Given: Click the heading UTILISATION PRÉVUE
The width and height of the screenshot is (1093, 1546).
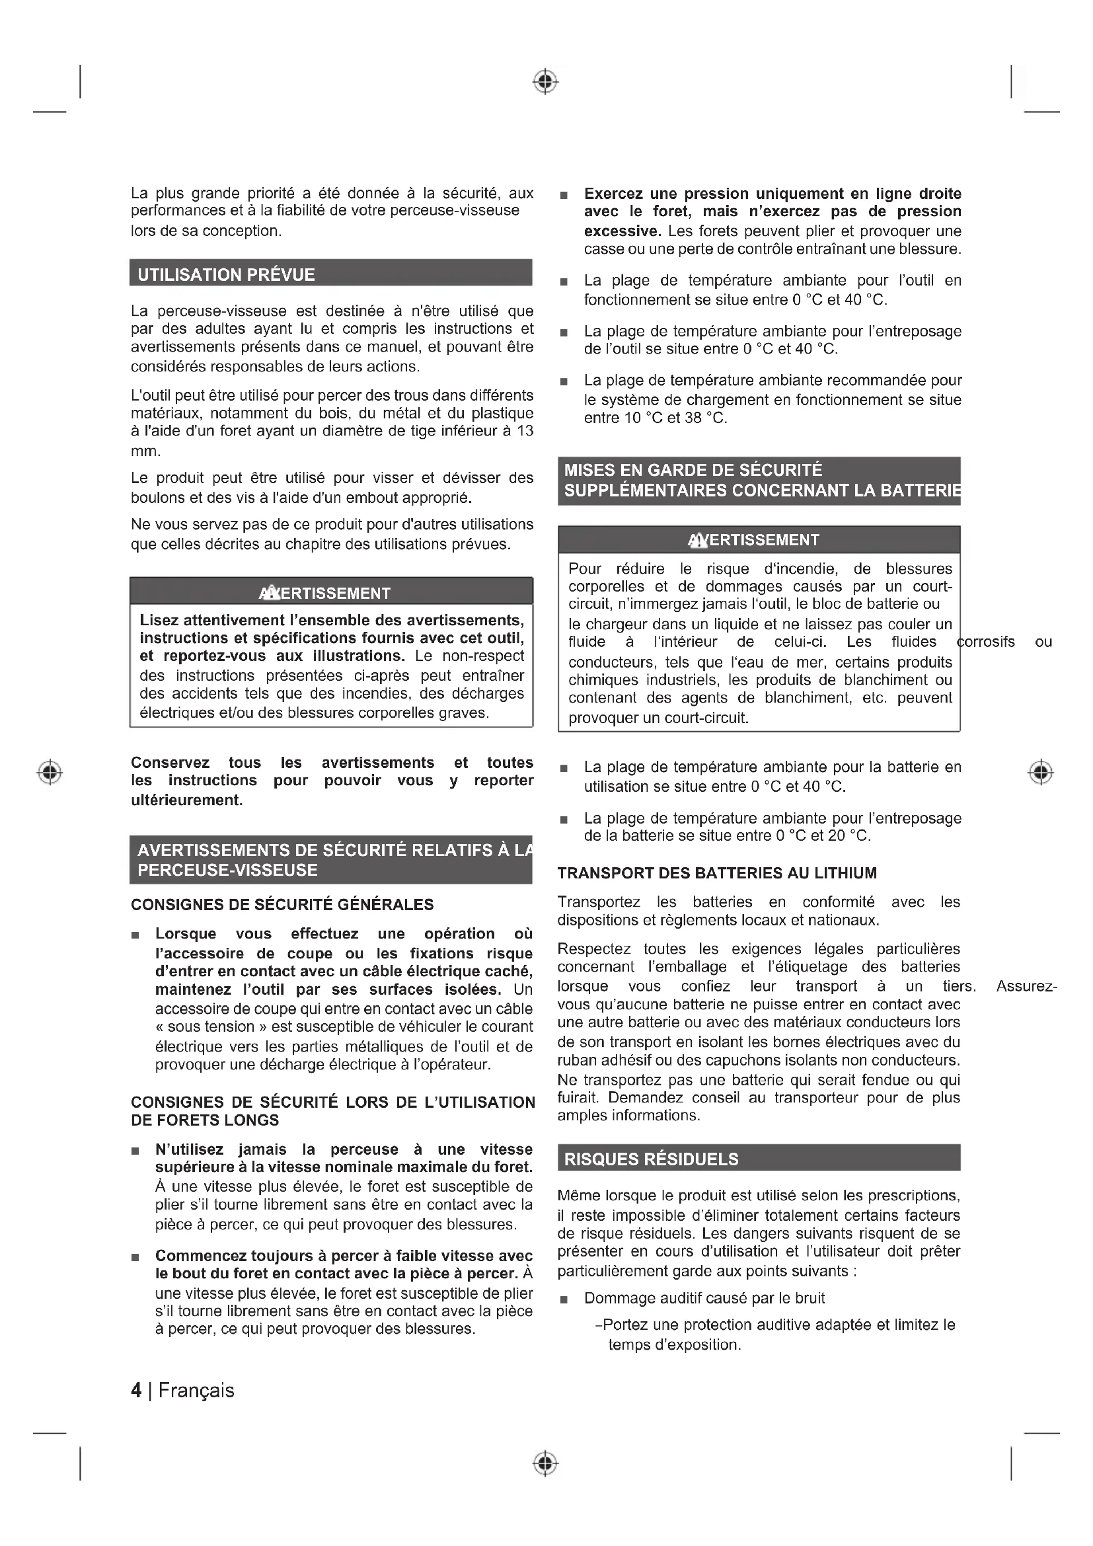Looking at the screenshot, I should [226, 275].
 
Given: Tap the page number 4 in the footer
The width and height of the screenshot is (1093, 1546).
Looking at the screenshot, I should [136, 1391].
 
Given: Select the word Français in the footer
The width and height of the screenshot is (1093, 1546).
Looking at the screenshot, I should [196, 1391].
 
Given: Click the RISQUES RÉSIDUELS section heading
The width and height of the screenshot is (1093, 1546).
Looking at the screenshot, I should [651, 1159].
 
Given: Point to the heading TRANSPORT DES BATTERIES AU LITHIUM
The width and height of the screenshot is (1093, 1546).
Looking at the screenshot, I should [717, 873].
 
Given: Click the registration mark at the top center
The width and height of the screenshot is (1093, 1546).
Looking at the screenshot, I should [545, 81].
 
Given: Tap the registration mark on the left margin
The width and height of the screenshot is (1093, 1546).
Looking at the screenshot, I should [50, 771].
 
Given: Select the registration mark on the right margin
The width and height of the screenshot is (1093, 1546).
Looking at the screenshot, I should [1041, 771].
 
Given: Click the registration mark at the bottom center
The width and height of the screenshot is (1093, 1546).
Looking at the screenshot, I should [545, 1463].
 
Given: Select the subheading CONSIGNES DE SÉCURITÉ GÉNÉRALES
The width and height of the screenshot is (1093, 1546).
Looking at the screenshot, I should [282, 904].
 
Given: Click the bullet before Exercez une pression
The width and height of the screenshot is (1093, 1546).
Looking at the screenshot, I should [564, 195].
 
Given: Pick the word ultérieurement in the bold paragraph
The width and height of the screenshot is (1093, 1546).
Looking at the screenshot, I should [186, 800].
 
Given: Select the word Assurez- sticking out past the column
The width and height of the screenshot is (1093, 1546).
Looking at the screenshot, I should [1026, 986].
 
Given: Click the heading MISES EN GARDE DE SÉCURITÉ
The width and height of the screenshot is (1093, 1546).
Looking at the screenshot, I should [693, 470].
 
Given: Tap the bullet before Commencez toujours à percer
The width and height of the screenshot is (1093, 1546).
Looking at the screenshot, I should [135, 1257].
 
